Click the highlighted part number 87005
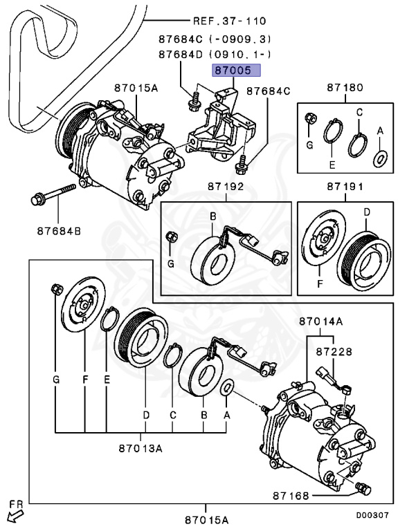point(235,70)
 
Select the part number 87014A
point(321,322)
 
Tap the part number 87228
point(335,351)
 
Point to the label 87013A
point(141,447)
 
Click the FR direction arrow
point(14,513)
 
